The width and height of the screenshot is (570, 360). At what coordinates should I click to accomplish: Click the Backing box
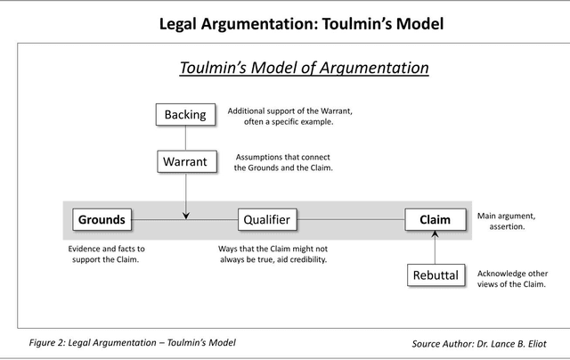[185, 114]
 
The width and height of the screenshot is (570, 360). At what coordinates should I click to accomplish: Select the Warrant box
[185, 162]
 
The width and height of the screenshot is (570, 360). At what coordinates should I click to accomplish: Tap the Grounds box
[101, 219]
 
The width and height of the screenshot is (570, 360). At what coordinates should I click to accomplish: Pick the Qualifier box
[267, 219]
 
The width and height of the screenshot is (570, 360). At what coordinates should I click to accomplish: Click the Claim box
[435, 219]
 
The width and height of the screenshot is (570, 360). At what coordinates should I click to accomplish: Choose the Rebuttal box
[435, 275]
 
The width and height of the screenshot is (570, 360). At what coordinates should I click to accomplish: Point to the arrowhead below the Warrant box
[185, 215]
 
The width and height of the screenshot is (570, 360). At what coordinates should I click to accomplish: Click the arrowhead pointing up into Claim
[435, 234]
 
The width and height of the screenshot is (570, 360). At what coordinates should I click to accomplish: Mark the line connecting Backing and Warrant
[185, 138]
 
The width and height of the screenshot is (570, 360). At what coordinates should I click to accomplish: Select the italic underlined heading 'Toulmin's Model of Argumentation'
[304, 68]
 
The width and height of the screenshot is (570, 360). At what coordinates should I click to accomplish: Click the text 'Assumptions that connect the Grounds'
[283, 162]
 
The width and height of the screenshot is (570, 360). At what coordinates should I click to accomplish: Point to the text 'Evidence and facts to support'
[106, 254]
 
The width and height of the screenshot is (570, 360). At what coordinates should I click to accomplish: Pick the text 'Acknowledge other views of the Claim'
[511, 279]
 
